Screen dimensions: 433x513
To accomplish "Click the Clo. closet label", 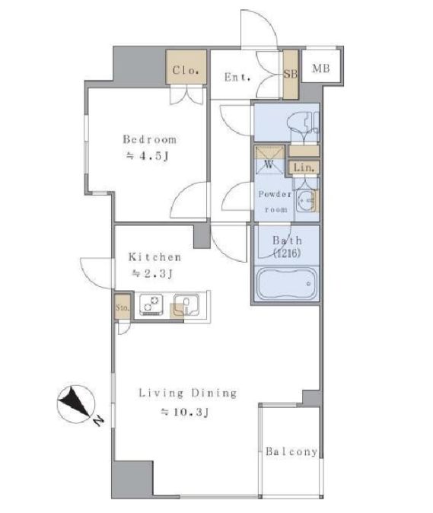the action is coord(186,70).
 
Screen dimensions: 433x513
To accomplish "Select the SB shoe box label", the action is coord(291,75).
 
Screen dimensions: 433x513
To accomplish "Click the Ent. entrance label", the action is coord(237,77).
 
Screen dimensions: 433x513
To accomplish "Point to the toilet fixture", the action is coord(303,123).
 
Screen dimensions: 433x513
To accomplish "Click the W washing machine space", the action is coord(269,161).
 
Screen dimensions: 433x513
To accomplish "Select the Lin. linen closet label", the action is coord(304,167).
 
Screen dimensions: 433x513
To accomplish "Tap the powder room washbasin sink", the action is coord(307,199).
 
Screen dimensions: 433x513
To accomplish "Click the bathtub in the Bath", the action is coord(286,283).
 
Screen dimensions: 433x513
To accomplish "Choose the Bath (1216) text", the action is coord(287,247).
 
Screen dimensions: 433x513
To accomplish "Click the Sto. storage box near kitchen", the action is coord(123,307).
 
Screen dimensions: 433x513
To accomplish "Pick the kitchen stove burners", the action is coord(151,305).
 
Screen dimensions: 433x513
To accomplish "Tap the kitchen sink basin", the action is coord(186,305).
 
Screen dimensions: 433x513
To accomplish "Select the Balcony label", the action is coord(291,451).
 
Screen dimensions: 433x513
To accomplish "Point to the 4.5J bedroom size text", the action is coord(148,156).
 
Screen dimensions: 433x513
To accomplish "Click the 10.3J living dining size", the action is coord(184,413).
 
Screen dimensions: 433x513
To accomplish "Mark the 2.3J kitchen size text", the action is coord(152,272).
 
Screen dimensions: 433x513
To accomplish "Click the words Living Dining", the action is coord(188,393).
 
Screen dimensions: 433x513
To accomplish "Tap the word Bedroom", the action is coord(150,139).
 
